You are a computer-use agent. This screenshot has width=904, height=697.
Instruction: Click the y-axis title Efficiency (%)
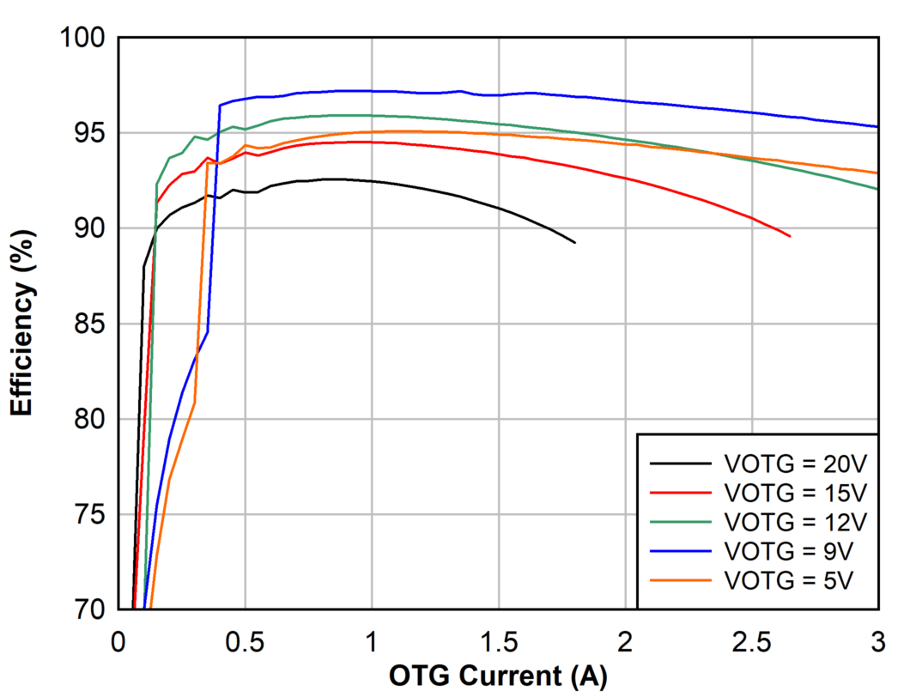point(23,324)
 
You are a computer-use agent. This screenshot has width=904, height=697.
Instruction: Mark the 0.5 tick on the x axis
point(245,640)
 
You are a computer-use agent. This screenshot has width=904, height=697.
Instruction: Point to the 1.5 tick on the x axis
point(498,640)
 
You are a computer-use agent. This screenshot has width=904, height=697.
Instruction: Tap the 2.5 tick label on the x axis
point(751,640)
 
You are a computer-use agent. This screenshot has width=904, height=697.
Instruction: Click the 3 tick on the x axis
point(877,640)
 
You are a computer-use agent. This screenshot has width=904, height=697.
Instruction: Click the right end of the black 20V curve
point(574,243)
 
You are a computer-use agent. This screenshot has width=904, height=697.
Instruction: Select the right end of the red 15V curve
point(790,236)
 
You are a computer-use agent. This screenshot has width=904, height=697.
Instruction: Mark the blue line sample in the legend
point(681,549)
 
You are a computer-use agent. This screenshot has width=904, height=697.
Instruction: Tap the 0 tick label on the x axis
point(118,640)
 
